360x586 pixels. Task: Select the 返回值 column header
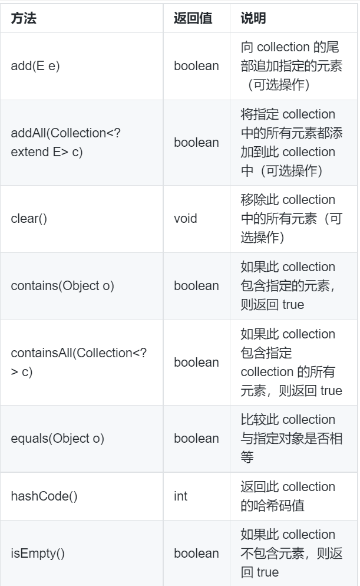(190, 18)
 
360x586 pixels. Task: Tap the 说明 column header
(255, 18)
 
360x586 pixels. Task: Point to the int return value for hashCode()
(180, 496)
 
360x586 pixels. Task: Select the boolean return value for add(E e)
(196, 65)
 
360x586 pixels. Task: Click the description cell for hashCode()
(288, 496)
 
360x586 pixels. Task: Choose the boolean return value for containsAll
(196, 363)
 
